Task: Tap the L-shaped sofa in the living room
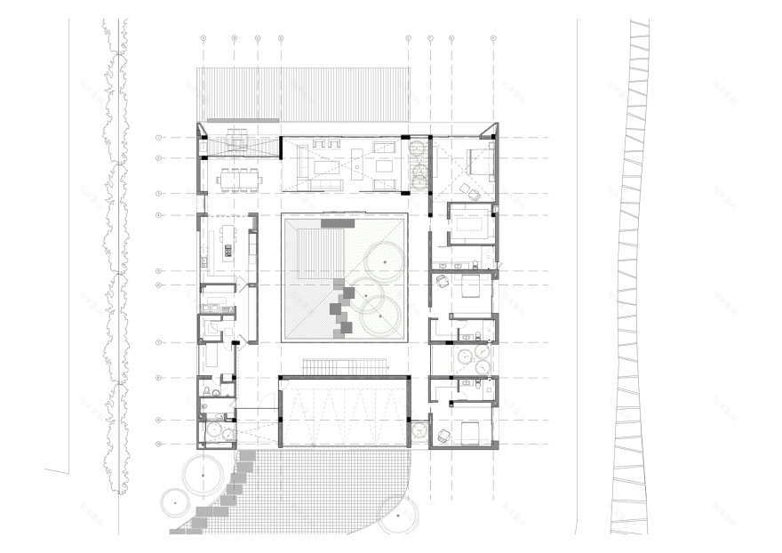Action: point(307,167)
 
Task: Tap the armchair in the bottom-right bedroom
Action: point(443,435)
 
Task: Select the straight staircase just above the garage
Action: point(346,366)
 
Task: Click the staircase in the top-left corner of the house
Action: point(234,142)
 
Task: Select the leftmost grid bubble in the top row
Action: point(203,38)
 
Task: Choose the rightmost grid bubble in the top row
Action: point(493,38)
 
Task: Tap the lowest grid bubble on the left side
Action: point(157,442)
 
